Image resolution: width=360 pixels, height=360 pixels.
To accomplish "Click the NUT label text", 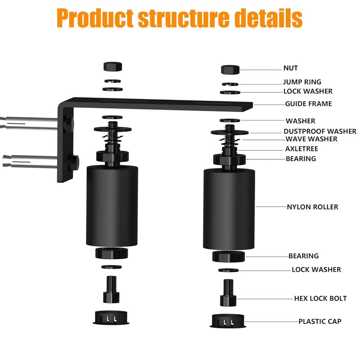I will pyautogui.click(x=290, y=68).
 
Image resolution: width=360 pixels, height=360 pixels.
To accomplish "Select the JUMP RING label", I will pyautogui.click(x=302, y=82).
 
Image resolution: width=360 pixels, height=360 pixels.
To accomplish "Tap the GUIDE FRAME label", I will pyautogui.click(x=308, y=104).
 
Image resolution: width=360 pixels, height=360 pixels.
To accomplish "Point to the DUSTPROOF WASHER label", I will pyautogui.click(x=319, y=131).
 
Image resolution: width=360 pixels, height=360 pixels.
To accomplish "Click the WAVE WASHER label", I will pyautogui.click(x=311, y=139).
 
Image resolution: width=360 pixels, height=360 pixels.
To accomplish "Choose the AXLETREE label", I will pyautogui.click(x=301, y=149).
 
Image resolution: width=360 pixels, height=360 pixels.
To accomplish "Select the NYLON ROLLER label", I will pyautogui.click(x=312, y=207).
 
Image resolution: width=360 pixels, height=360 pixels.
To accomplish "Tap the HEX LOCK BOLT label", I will pyautogui.click(x=320, y=298).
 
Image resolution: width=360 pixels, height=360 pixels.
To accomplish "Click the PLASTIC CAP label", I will pyautogui.click(x=319, y=321).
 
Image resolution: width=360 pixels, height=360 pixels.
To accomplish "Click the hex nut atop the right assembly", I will pyautogui.click(x=230, y=69).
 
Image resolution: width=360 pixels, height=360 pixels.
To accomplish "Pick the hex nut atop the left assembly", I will pyautogui.click(x=112, y=66).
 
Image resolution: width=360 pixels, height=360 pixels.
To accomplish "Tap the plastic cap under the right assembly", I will pyautogui.click(x=228, y=321).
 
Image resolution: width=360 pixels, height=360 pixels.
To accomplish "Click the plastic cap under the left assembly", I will pyautogui.click(x=111, y=317).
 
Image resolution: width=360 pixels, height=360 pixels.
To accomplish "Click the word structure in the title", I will pyautogui.click(x=179, y=18).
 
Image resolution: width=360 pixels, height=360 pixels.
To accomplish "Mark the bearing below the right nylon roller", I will pyautogui.click(x=229, y=256).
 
